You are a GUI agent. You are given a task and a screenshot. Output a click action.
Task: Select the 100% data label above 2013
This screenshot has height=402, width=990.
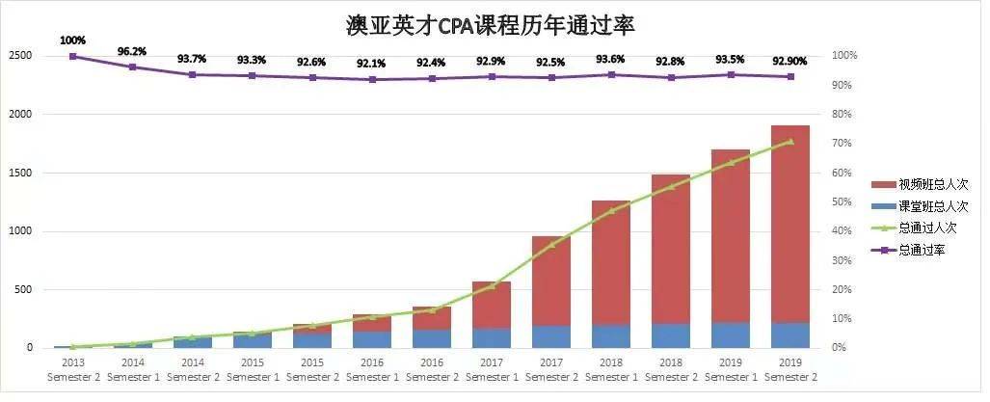[72, 40]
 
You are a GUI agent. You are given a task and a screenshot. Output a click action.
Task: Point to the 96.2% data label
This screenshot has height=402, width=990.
[132, 50]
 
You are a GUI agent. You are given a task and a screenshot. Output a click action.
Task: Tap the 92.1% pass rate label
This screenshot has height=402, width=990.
[371, 64]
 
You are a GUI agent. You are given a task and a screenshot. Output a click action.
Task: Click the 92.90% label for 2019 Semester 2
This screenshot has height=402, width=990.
[790, 61]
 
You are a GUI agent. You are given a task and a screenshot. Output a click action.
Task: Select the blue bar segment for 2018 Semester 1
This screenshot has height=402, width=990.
[610, 335]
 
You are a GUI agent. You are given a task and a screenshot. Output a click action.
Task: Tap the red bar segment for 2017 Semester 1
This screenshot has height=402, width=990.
[491, 304]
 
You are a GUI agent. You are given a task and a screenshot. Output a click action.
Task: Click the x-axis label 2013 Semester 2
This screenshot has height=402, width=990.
[72, 369]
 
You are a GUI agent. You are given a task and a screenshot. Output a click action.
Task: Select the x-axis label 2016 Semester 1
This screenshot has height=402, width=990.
[371, 369]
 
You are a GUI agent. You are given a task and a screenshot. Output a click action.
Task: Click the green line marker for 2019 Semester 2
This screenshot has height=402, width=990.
[790, 142]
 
